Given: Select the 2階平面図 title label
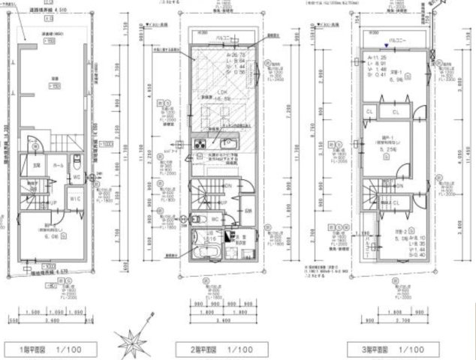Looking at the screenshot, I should [x=198, y=349].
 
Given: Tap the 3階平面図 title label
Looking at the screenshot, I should [x=371, y=349].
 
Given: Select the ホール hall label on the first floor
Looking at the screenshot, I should [x=58, y=157].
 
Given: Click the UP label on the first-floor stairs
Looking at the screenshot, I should [x=53, y=203].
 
